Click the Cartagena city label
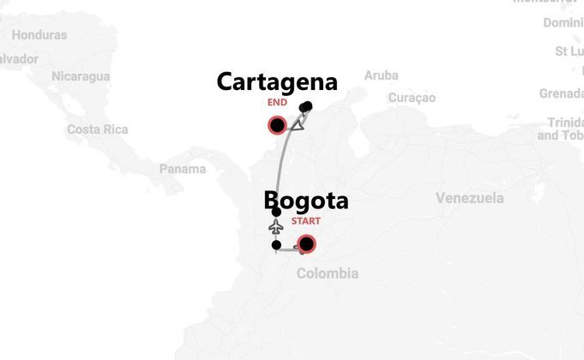coord(276,82)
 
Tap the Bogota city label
coord(306,201)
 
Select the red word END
coord(277,103)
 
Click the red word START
coord(306,221)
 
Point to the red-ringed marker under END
coord(277,127)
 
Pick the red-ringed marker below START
coord(306,244)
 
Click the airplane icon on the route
coord(276,227)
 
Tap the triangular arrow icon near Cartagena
coord(298,125)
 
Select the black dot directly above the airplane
coord(276,212)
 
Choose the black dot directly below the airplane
coord(276,245)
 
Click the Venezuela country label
coord(469,198)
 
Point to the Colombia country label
coord(327,273)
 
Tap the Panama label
coord(182,169)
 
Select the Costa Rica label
coord(97,129)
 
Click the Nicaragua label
coord(80,76)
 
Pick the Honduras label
coord(39,35)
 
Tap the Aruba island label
coord(381,75)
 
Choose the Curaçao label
coord(412,98)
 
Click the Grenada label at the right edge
coord(562,93)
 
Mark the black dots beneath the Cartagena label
coord(306,107)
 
